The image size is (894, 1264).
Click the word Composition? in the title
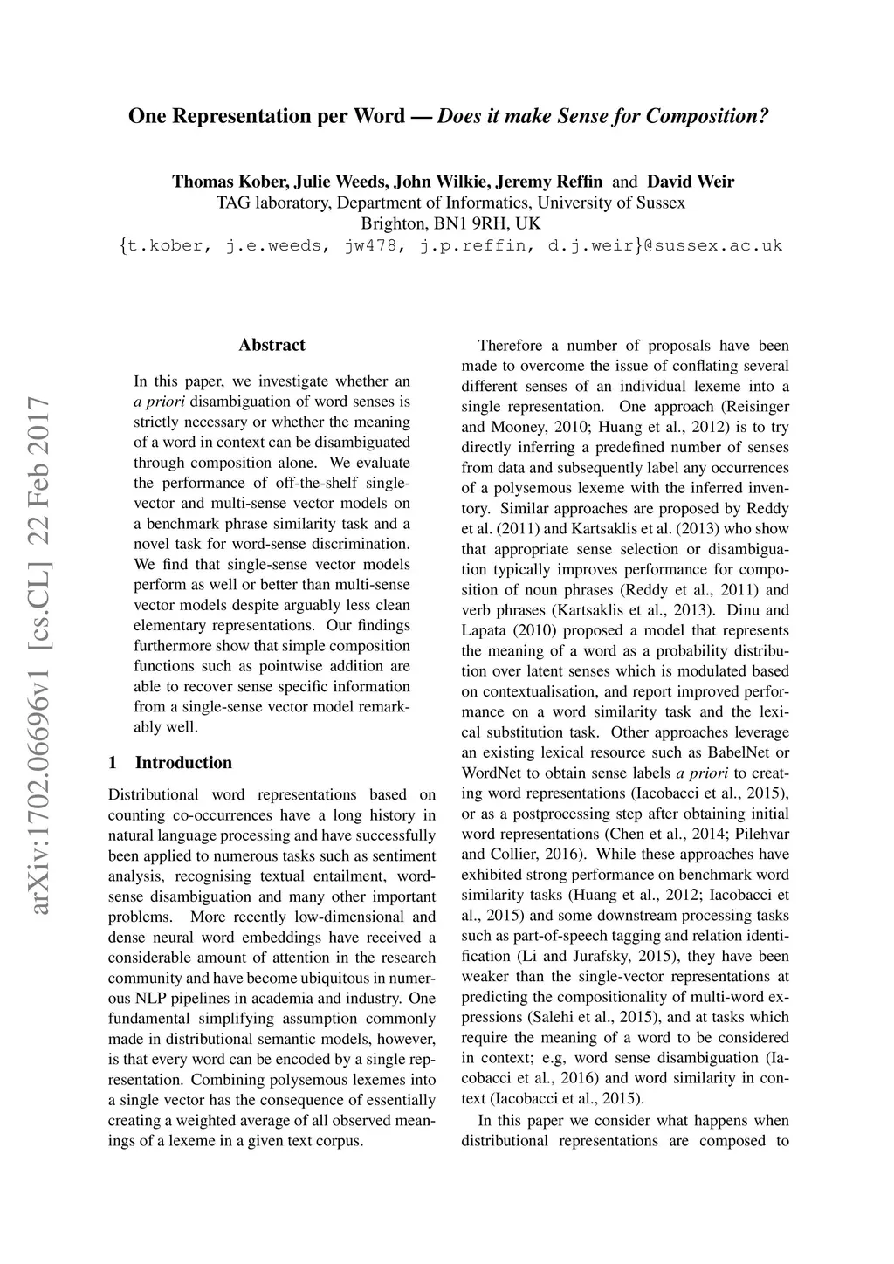[x=708, y=116]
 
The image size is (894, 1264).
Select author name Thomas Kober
[x=230, y=182]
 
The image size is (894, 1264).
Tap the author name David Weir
[x=690, y=182]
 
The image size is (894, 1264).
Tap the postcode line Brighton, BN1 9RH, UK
[x=450, y=223]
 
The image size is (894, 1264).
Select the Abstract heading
[x=272, y=346]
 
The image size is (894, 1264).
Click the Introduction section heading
[x=183, y=763]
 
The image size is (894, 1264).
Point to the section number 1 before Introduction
[x=113, y=763]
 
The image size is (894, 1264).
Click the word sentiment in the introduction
[x=404, y=856]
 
